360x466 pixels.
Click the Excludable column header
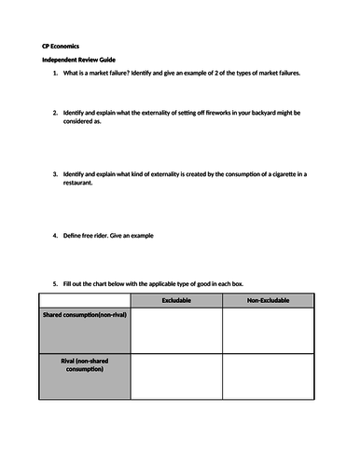tap(176, 300)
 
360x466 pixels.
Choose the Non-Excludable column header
tap(268, 300)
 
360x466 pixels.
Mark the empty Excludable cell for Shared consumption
tap(176, 331)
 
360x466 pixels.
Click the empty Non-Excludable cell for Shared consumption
tap(268, 331)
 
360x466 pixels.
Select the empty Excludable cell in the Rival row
tap(176, 377)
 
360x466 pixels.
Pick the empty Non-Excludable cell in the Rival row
tap(268, 377)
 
